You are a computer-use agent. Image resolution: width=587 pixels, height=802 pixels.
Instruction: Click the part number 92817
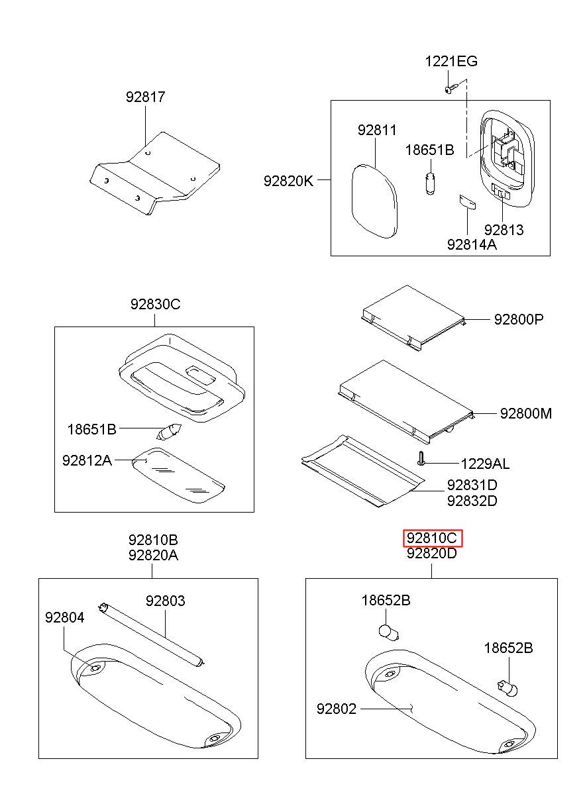point(145,97)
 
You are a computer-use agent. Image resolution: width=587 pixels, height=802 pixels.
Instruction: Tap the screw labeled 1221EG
point(451,88)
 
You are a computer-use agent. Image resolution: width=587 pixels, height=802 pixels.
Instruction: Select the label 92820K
point(288,181)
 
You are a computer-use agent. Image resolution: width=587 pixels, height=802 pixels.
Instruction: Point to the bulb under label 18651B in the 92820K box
point(431,183)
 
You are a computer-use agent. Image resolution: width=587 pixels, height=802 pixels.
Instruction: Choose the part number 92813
point(504,230)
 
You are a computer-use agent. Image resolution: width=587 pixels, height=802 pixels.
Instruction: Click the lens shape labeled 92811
point(374,201)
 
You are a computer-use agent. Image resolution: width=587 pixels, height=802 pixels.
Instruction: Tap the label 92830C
point(155,305)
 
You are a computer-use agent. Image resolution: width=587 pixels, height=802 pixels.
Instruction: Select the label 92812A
point(87,460)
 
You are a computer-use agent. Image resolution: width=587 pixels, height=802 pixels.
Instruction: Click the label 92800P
point(519,319)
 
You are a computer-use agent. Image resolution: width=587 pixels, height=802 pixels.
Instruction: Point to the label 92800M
point(526,413)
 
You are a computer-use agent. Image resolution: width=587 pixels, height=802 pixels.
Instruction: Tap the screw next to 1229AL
point(421,458)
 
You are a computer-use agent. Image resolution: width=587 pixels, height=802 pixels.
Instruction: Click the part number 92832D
point(472,501)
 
